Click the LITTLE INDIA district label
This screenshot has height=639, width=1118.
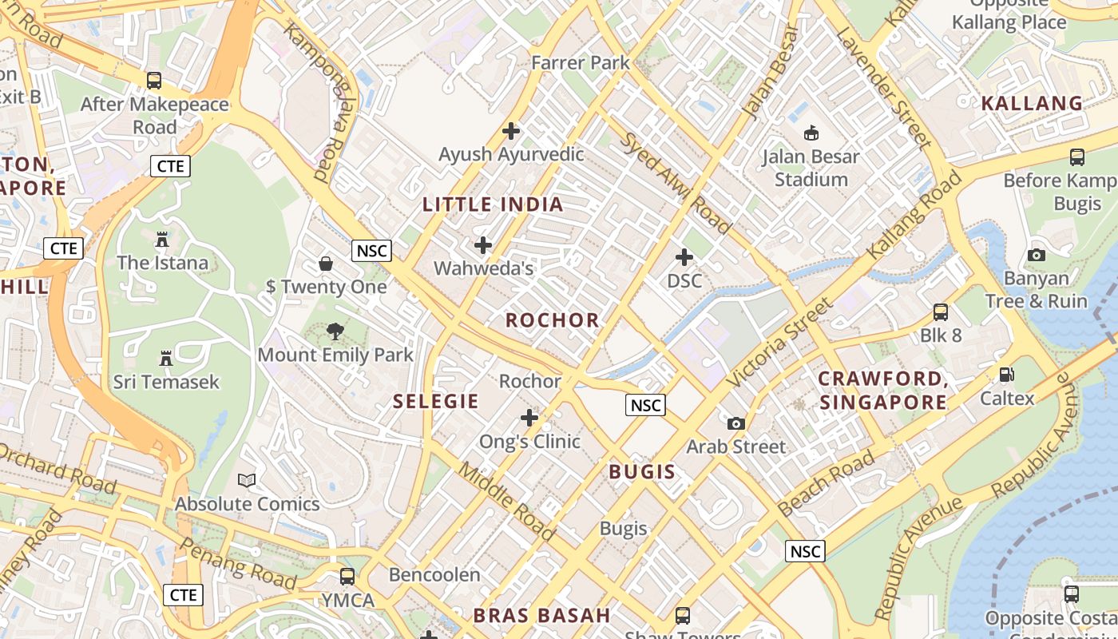point(493,204)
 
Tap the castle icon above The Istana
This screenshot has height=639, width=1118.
point(162,239)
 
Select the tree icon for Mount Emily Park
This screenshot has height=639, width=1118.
point(335,331)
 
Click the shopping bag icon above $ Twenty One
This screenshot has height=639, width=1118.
point(326,263)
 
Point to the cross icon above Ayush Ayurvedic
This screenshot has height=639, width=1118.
point(511,130)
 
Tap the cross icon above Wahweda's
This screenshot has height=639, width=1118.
point(483,245)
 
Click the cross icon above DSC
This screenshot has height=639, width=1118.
point(684,257)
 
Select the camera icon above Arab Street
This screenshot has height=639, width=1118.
point(736,423)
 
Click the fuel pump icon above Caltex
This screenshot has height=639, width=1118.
point(1007,374)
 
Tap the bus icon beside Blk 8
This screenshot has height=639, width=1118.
point(941,312)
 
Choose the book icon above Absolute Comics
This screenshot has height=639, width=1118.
point(248,480)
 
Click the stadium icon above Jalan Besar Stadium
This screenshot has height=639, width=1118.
point(811,133)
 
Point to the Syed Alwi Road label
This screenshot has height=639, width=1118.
point(676,183)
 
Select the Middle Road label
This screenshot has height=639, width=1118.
point(506,501)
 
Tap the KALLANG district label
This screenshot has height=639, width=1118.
point(1032,103)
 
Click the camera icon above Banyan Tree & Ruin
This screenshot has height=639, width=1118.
point(1037,256)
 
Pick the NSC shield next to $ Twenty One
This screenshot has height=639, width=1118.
point(371,251)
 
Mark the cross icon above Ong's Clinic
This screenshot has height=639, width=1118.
point(529,417)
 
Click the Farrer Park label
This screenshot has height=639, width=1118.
point(581,62)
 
